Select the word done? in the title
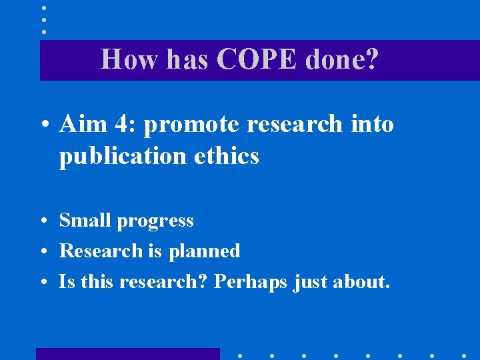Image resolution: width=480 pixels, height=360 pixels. (x=342, y=60)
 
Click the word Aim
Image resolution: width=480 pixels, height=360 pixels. (x=81, y=124)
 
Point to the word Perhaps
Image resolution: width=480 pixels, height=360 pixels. (x=251, y=283)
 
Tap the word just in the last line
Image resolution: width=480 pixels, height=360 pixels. (x=310, y=283)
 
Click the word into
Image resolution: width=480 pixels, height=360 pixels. (x=368, y=124)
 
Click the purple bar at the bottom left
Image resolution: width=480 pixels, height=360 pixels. (x=127, y=354)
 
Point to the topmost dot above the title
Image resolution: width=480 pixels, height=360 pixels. (x=43, y=8)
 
